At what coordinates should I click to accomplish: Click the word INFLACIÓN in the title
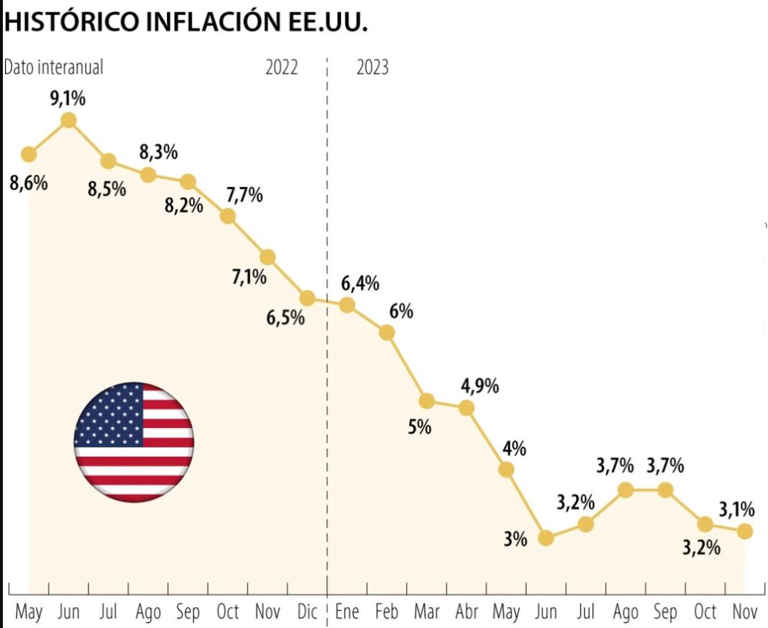pyautogui.click(x=206, y=22)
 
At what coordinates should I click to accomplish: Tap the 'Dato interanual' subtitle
pyautogui.click(x=54, y=67)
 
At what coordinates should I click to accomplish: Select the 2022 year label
pyautogui.click(x=282, y=68)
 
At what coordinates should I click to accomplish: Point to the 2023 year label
pyautogui.click(x=372, y=68)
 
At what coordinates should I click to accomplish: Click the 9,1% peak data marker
pyautogui.click(x=69, y=120)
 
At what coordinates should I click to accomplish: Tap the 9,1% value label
pyautogui.click(x=68, y=99)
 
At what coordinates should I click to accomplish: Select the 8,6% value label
pyautogui.click(x=29, y=183)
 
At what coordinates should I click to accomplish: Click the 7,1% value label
pyautogui.click(x=248, y=276)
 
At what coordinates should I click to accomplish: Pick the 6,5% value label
pyautogui.click(x=285, y=317)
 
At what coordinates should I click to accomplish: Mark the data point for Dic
pyautogui.click(x=307, y=298)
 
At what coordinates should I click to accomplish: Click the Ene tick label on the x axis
pyautogui.click(x=347, y=612)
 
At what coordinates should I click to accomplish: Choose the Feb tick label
pyautogui.click(x=386, y=612)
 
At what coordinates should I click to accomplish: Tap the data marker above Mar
pyautogui.click(x=426, y=401)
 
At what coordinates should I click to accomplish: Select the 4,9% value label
pyautogui.click(x=480, y=386)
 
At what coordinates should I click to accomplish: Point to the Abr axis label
pyautogui.click(x=466, y=612)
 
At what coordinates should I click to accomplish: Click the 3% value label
pyautogui.click(x=516, y=538)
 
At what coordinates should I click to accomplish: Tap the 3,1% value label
pyautogui.click(x=736, y=510)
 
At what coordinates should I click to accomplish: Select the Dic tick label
pyautogui.click(x=307, y=612)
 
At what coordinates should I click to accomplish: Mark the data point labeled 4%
pyautogui.click(x=506, y=470)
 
